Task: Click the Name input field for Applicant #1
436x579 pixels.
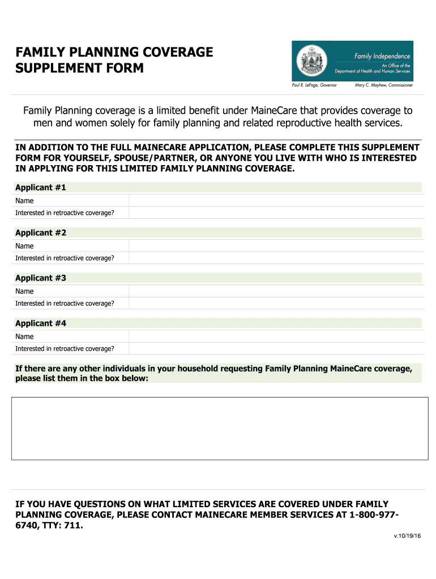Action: point(276,201)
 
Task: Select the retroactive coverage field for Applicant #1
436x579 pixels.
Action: point(276,213)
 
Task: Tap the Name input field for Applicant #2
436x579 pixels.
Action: point(276,246)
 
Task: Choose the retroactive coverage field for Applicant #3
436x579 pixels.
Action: point(276,303)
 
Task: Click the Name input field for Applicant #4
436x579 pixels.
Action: point(276,336)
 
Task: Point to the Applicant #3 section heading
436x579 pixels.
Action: point(41,278)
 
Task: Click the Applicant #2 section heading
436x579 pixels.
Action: point(41,233)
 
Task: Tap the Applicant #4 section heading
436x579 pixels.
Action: point(41,323)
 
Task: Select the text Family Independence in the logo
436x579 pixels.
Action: point(382,56)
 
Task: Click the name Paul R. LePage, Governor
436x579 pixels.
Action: point(314,85)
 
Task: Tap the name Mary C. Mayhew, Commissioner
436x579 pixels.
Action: point(383,85)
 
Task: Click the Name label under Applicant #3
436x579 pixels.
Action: point(24,291)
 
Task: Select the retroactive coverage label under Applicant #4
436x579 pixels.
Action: point(65,348)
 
